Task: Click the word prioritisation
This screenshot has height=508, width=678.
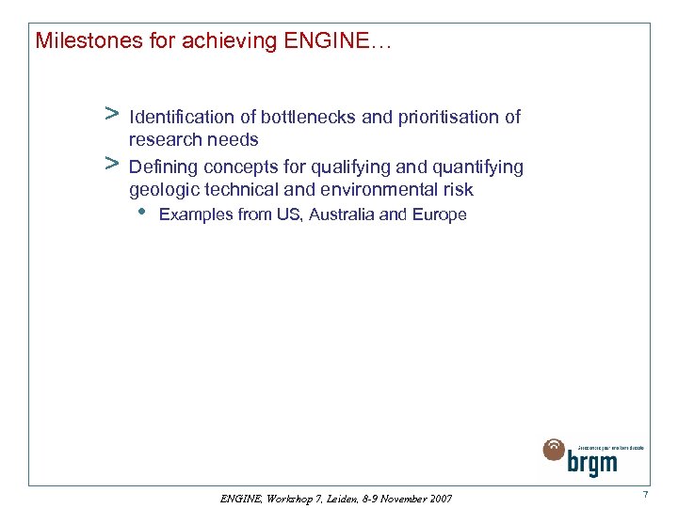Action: tap(446, 118)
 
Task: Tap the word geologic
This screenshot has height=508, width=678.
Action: tap(160, 190)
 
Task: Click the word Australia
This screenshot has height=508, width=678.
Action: tap(344, 214)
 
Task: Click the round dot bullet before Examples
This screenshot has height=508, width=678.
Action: tap(140, 213)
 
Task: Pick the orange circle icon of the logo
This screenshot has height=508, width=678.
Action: tap(555, 451)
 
